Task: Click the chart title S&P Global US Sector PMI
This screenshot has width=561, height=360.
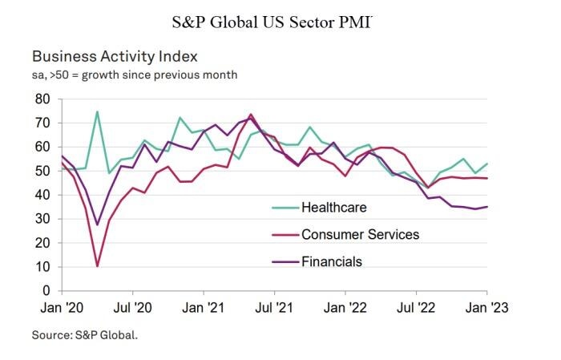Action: point(272,22)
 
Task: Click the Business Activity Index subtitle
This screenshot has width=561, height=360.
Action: point(115,57)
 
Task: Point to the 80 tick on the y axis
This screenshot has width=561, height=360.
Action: point(42,99)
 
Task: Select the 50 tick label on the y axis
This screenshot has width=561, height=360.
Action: point(42,171)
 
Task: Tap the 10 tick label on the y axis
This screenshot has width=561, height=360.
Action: point(42,266)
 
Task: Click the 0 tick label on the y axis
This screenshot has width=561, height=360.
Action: point(46,290)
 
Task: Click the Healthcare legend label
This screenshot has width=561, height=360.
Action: point(334,208)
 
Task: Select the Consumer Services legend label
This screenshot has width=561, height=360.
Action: point(360,234)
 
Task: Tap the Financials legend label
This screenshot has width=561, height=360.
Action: point(332,261)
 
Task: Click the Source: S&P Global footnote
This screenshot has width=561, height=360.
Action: point(85,335)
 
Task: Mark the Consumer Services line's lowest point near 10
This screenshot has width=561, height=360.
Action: point(97,266)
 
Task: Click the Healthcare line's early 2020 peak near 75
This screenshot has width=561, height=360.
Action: point(97,111)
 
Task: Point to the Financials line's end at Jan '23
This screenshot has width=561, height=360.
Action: point(487,207)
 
